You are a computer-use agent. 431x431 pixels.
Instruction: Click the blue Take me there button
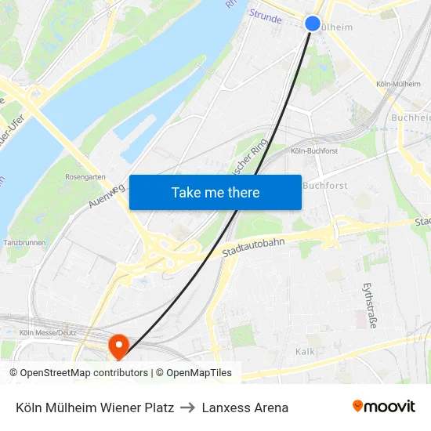point(215,192)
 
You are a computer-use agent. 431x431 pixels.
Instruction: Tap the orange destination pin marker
point(119,346)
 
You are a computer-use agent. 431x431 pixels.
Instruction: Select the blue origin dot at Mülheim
point(312,24)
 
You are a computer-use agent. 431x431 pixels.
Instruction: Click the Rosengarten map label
point(85,177)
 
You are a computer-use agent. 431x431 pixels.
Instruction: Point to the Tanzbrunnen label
point(25,243)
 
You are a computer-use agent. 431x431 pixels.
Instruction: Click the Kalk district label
point(305,352)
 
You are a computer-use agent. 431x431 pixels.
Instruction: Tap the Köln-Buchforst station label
point(314,150)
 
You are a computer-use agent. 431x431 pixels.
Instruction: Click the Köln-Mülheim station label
point(398,84)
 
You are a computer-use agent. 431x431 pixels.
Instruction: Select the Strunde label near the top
point(265,16)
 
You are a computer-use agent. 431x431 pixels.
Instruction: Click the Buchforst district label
point(324,186)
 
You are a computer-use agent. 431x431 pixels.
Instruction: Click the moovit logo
point(383,406)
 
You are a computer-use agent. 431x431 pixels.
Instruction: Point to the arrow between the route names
point(188,407)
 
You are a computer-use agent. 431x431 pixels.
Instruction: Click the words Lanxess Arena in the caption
point(245,407)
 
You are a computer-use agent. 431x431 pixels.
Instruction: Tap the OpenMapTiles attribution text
point(199,373)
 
